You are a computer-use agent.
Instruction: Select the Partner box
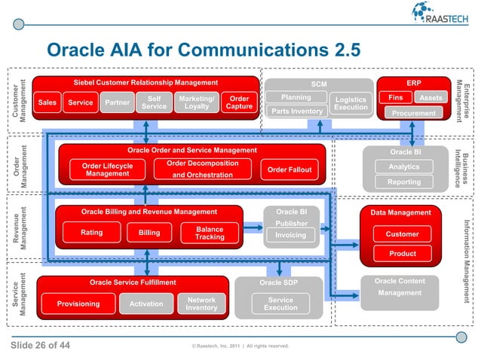coord(116,102)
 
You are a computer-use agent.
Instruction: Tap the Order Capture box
coord(239,102)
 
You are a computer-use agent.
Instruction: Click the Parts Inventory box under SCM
coord(296,111)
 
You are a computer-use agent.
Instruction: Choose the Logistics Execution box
coord(351,103)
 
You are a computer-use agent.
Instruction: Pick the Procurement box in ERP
coord(413,113)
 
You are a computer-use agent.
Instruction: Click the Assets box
coord(431,98)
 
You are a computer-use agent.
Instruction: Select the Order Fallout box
coord(290,169)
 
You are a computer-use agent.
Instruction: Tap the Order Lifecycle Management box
coord(107,169)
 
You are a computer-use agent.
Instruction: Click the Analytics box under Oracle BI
coord(403,166)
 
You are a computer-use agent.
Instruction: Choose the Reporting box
coord(403,182)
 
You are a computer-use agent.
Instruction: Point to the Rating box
coord(91,233)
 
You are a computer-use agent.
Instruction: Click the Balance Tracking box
coord(210,233)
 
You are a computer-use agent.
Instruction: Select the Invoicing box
coord(290,235)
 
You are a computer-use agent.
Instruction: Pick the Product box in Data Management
coord(402,254)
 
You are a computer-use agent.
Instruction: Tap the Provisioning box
coord(78,304)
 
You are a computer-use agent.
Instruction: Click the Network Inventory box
coord(201,304)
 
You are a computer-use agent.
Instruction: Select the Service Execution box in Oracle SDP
coord(280,304)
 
